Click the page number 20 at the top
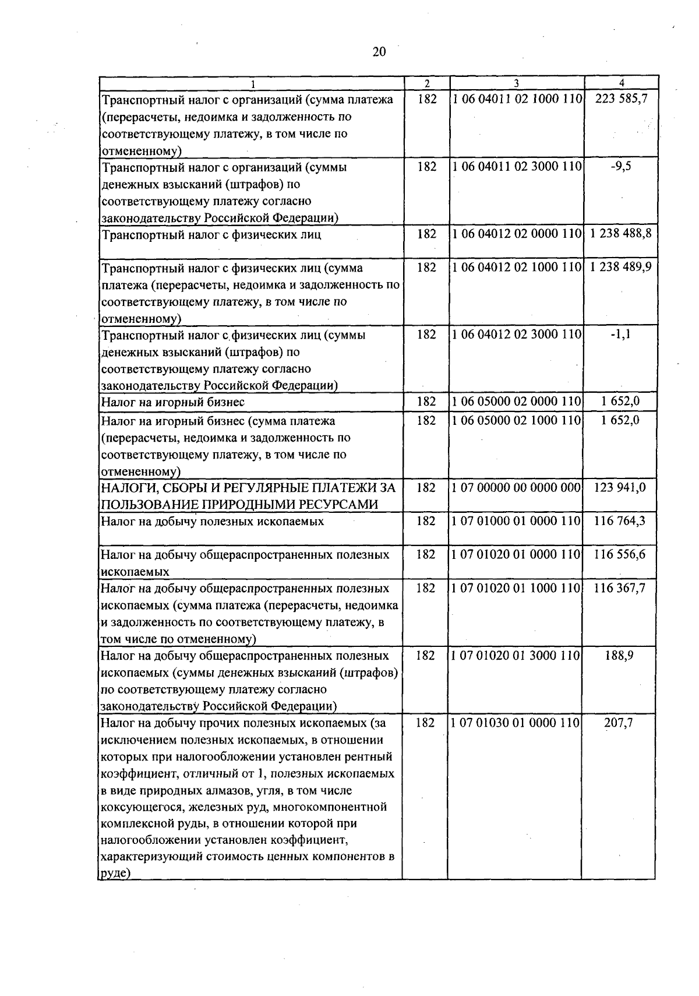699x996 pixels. [379, 52]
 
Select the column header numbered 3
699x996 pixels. [516, 83]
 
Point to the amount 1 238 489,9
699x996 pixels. [620, 268]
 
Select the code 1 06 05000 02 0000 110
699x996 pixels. [517, 402]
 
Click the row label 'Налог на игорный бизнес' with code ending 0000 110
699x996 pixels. [173, 402]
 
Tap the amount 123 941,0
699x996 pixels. [620, 488]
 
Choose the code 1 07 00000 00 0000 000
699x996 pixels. [516, 488]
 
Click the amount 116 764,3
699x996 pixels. [619, 521]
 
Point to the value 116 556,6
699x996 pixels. [619, 554]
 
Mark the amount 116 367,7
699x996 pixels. [619, 588]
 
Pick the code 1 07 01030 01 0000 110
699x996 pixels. [516, 723]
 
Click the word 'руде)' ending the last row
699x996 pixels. [115, 874]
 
